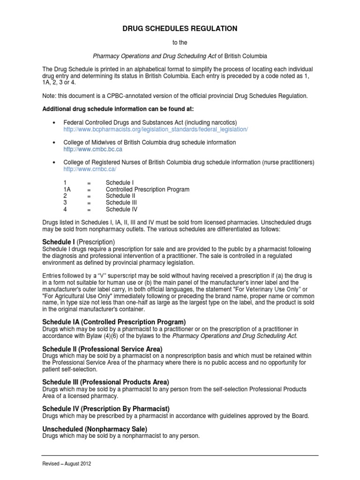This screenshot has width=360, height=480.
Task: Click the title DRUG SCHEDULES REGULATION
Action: point(180,29)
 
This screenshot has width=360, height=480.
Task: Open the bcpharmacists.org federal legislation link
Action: point(155,129)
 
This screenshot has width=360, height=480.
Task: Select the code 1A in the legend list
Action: point(67,189)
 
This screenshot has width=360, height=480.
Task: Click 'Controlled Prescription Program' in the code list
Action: point(147,189)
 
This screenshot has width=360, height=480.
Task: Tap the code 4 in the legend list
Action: point(65,210)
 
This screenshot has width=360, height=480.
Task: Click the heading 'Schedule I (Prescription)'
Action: point(78,241)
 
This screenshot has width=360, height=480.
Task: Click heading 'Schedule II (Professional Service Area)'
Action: point(102,349)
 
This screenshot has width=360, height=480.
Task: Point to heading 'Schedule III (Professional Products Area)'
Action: point(105,382)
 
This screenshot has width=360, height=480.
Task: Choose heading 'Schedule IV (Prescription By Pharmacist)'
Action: point(106,409)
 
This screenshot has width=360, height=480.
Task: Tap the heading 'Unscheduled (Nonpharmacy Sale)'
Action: point(95,429)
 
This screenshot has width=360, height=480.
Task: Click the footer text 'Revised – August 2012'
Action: point(67,464)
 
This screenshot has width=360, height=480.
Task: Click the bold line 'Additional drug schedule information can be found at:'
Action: point(115,109)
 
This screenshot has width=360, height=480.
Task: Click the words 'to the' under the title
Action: point(180,43)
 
